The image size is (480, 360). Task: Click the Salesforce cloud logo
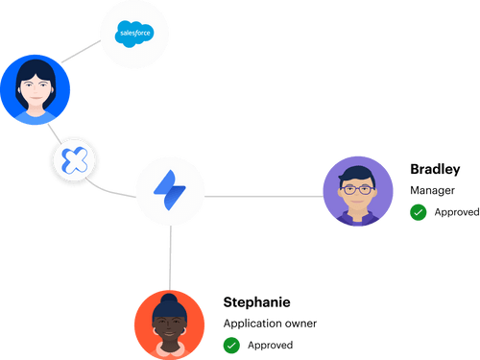(x=134, y=36)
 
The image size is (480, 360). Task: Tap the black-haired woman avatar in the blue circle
(x=35, y=87)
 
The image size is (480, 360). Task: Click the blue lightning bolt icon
(x=170, y=190)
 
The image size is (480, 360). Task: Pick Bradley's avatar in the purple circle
(x=357, y=193)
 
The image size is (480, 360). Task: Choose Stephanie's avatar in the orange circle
(x=169, y=324)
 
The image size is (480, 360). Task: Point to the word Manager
(x=430, y=190)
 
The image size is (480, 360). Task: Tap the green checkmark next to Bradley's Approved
(x=419, y=211)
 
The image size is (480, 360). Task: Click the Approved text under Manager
(x=456, y=211)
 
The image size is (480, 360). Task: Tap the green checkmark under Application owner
(x=230, y=344)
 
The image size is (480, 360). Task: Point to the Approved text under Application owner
(x=270, y=344)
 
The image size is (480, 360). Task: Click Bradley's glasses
(x=357, y=190)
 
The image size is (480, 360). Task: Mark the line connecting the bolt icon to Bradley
(x=264, y=197)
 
